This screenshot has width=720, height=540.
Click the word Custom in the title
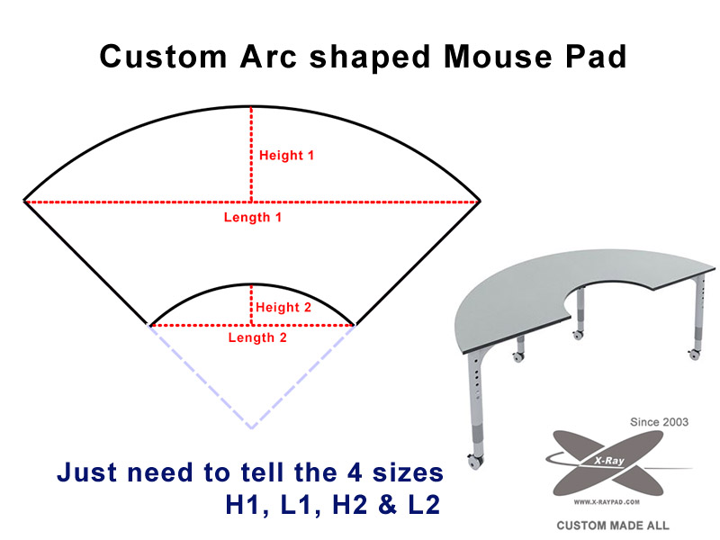click(x=164, y=57)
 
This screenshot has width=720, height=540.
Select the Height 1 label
click(x=286, y=155)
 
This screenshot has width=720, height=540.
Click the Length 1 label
click(x=253, y=217)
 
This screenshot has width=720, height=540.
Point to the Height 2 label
click(x=283, y=307)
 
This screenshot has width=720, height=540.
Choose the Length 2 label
click(x=257, y=337)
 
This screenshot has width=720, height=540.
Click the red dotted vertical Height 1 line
click(x=251, y=154)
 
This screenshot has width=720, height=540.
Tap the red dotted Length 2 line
click(x=252, y=325)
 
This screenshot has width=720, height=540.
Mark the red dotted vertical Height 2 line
click(x=251, y=305)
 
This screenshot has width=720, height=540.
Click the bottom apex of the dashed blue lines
click(x=252, y=428)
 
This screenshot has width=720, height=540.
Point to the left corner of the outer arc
click(x=24, y=201)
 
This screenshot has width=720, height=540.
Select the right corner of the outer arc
click(x=480, y=201)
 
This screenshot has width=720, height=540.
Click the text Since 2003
click(x=659, y=422)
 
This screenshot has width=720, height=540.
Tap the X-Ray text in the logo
click(x=609, y=460)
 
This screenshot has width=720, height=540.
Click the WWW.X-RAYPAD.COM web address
click(x=607, y=502)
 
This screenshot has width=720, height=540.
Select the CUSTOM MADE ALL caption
click(x=613, y=526)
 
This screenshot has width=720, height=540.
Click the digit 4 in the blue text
click(x=355, y=472)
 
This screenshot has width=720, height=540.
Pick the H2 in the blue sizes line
click(x=350, y=504)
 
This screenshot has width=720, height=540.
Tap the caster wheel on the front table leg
click(x=474, y=462)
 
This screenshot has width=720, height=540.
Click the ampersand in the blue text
click(x=388, y=504)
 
